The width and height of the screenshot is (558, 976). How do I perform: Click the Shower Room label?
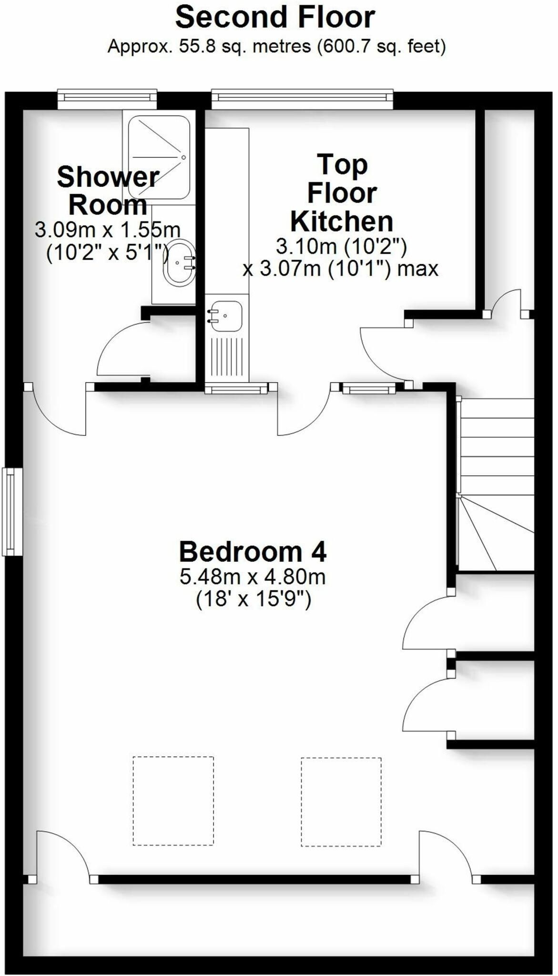pos(108,191)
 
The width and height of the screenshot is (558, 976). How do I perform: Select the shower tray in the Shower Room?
pos(159,157)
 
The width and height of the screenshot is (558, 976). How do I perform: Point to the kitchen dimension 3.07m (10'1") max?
pos(340,269)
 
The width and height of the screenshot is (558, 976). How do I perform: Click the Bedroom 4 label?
pos(253,552)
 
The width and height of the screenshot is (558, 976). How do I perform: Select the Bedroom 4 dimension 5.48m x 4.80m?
pos(253,577)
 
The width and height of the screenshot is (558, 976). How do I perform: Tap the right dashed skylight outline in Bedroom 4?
pos(341,802)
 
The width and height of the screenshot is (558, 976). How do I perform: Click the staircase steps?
pos(495,484)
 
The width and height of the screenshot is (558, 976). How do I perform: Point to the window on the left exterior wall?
pos(12,511)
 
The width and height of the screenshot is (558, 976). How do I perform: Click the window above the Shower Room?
pos(107,99)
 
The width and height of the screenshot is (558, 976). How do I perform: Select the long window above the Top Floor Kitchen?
pos(302,99)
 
